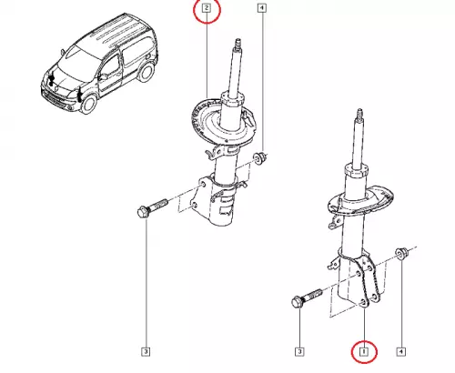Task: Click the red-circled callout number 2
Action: pos(207,7)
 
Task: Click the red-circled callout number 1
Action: pos(364,352)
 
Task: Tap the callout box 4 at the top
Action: pos(262,7)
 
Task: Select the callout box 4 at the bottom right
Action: pos(400,352)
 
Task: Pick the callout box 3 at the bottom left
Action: pos(146,352)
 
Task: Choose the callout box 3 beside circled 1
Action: pos(299,352)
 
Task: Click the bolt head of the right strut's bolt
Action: pos(297,302)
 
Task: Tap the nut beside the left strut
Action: pos(259,158)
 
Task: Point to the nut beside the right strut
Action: pos(400,254)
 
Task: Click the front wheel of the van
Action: pos(89,104)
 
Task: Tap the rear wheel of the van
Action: pos(146,73)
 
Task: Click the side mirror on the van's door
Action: pos(103,76)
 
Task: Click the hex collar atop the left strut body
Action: pos(233,99)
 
